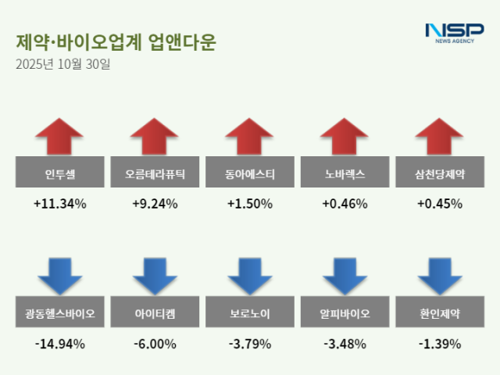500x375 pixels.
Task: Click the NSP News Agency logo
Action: click(x=454, y=32)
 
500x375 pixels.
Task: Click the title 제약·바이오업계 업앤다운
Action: click(x=115, y=41)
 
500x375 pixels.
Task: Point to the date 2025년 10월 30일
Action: click(x=62, y=64)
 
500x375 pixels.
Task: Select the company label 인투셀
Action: click(x=59, y=172)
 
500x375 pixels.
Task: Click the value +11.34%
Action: click(x=59, y=204)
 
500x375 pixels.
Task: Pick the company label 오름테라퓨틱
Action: click(x=155, y=172)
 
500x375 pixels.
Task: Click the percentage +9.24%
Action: click(x=155, y=204)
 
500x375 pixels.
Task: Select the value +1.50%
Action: click(x=250, y=204)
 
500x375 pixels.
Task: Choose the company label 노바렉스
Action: click(x=345, y=172)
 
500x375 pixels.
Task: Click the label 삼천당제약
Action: click(x=440, y=172)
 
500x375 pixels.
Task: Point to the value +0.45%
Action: click(x=440, y=204)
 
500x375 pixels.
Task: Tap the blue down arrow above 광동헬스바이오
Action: click(x=59, y=275)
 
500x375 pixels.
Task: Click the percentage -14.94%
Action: click(x=59, y=343)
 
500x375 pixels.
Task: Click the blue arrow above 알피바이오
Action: click(x=345, y=275)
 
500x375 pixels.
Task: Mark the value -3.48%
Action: click(x=345, y=343)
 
